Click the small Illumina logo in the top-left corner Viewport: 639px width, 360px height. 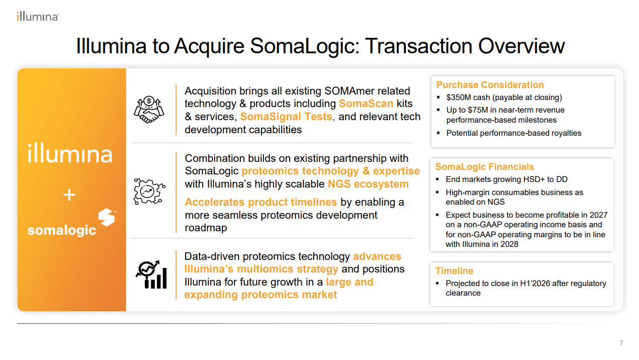(x=38, y=17)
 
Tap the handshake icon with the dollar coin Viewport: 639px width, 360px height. (x=149, y=110)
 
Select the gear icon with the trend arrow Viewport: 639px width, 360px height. (x=149, y=192)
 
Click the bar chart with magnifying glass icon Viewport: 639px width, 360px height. (x=151, y=275)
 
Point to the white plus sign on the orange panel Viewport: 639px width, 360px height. (x=69, y=195)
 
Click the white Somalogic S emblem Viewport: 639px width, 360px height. (x=107, y=217)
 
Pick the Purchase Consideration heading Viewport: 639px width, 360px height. (x=490, y=85)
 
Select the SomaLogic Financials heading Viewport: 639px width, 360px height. (x=484, y=166)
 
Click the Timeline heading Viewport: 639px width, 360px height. (x=454, y=271)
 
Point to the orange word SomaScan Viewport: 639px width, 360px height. (x=366, y=104)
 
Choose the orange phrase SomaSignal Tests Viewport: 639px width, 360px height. (x=286, y=117)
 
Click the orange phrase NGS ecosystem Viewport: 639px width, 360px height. (x=369, y=184)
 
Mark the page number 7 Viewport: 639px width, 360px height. (x=621, y=343)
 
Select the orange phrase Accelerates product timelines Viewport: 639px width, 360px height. (x=261, y=202)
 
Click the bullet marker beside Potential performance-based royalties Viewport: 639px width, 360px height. (x=438, y=133)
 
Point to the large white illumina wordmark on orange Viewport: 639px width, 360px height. (x=70, y=154)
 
